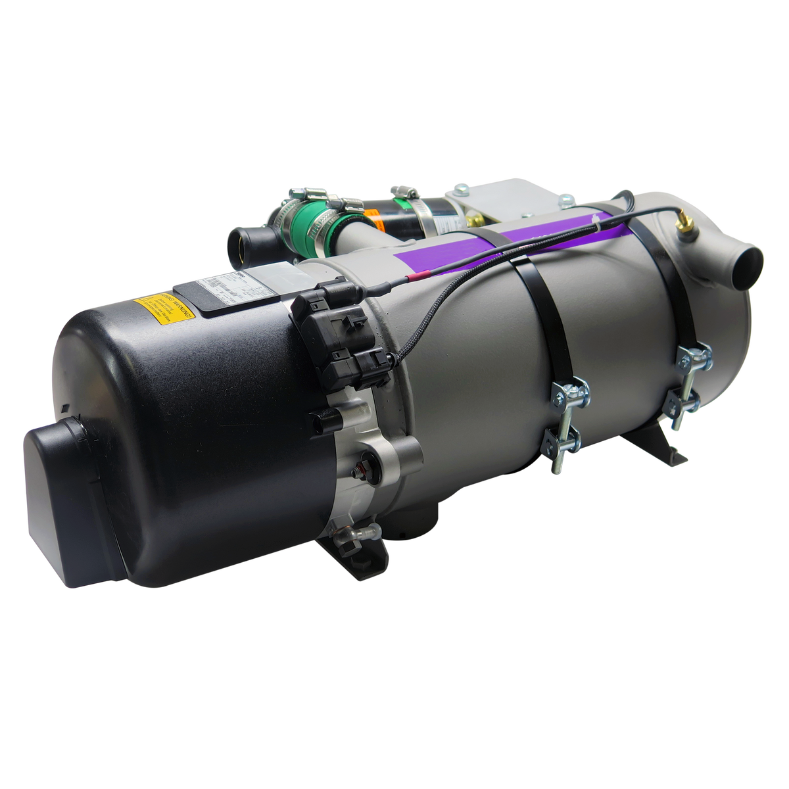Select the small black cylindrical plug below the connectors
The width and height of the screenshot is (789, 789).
pos(325,421)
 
